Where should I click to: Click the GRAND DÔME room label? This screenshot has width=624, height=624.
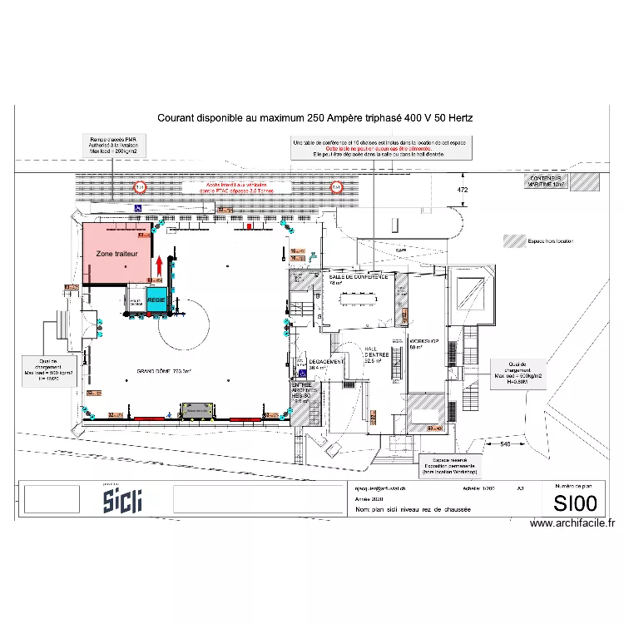click(x=164, y=371)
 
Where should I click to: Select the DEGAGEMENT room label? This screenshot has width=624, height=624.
click(x=327, y=363)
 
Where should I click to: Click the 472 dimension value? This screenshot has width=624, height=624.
click(x=463, y=191)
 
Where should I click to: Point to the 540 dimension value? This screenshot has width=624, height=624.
click(x=505, y=444)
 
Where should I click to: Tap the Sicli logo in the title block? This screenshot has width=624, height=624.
click(x=122, y=500)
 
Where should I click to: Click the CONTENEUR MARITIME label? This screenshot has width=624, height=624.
click(x=547, y=181)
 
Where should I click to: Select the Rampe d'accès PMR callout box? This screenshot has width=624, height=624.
click(x=113, y=146)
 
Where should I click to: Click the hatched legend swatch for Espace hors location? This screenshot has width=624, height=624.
click(x=511, y=241)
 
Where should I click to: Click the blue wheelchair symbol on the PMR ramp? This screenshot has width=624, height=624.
click(x=137, y=207)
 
